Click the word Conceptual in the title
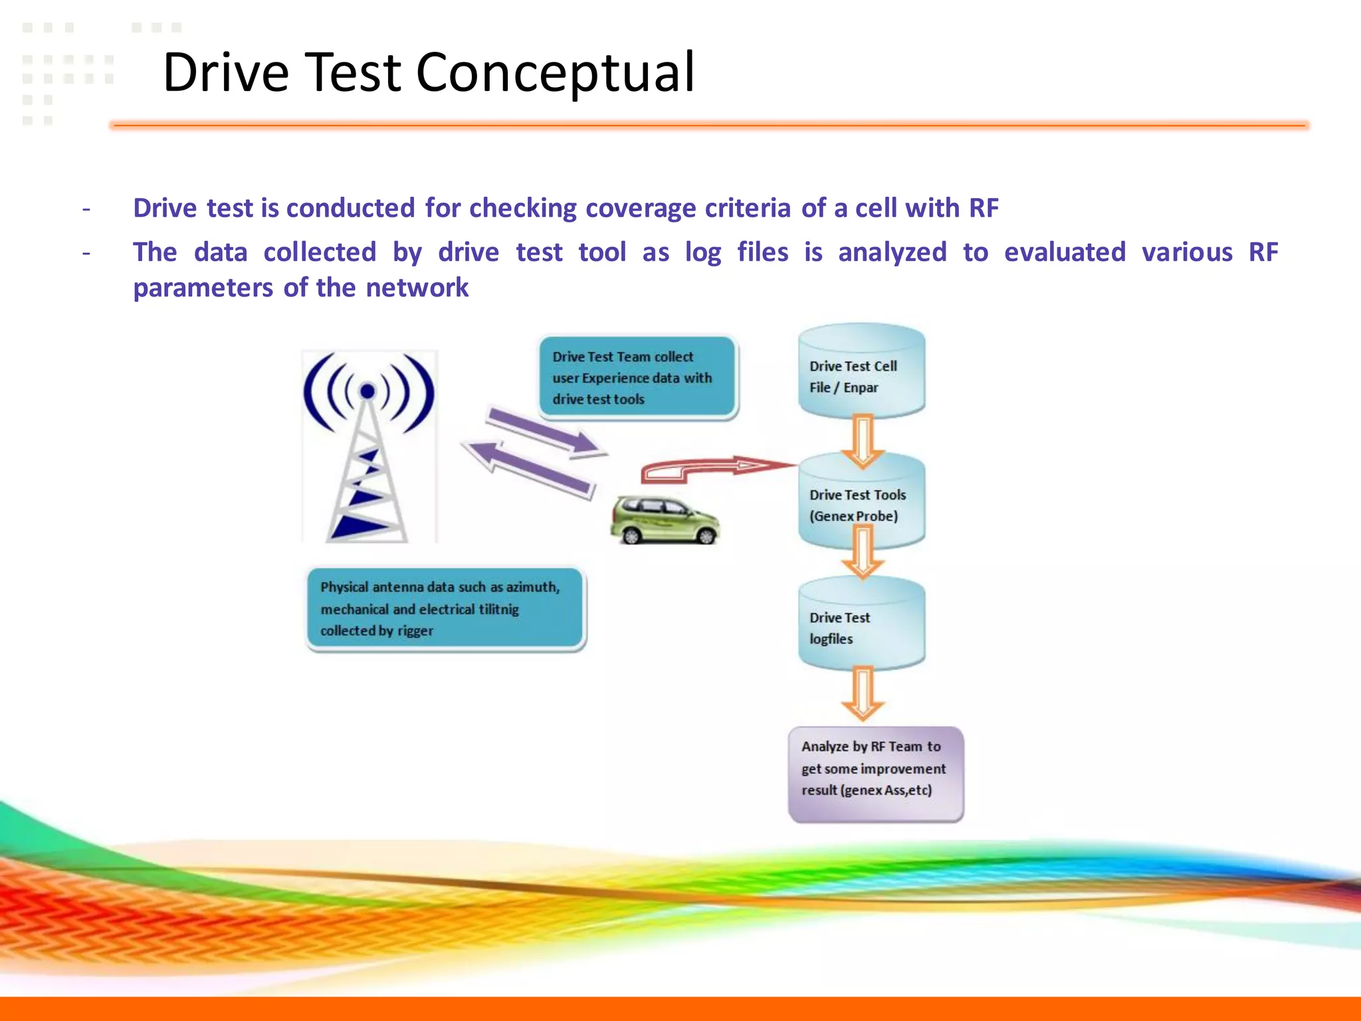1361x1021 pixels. click(555, 73)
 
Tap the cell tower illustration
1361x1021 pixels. click(367, 452)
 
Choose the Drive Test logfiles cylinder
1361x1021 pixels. click(861, 625)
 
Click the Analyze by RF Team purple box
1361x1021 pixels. click(875, 774)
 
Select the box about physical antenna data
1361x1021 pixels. click(445, 609)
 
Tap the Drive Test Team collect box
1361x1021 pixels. click(637, 378)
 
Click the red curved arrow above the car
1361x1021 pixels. click(711, 468)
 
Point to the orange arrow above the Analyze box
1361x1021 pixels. click(863, 695)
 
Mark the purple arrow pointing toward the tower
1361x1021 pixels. click(528, 469)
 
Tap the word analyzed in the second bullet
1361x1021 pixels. click(892, 253)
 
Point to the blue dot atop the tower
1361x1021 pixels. click(367, 392)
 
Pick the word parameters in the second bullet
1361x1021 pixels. click(203, 288)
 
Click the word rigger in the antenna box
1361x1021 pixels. click(415, 631)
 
